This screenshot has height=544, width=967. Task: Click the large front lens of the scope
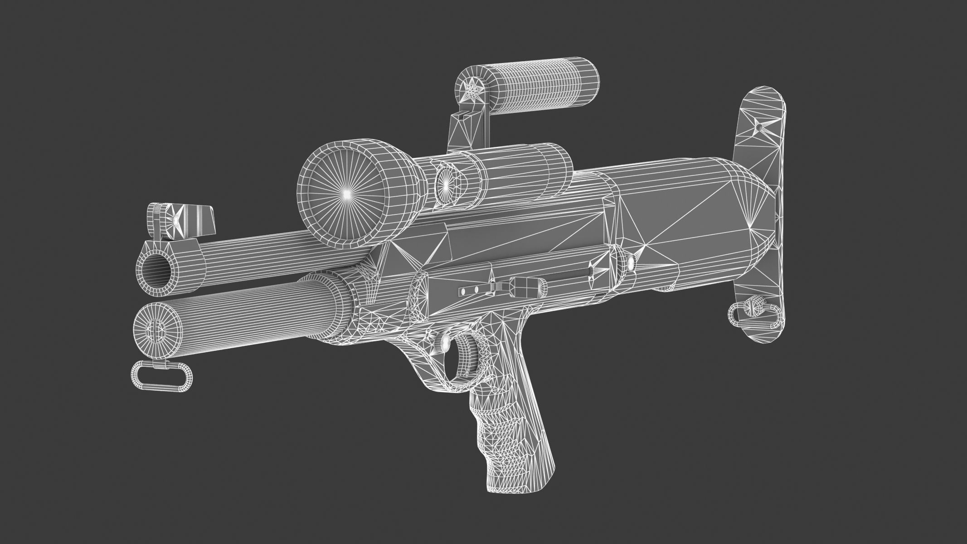click(345, 193)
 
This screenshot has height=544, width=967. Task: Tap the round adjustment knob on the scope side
click(446, 184)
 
